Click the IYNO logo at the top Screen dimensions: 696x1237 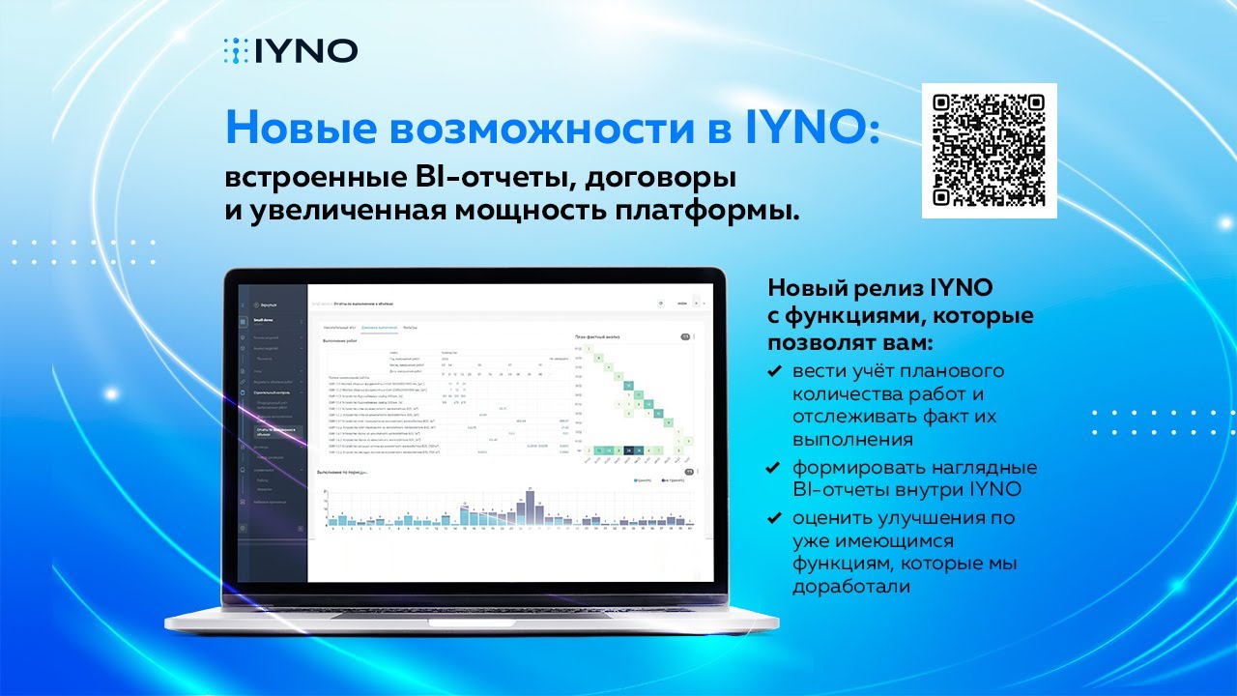(290, 50)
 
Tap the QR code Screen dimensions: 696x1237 (989, 151)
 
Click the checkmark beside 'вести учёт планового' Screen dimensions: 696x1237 (774, 371)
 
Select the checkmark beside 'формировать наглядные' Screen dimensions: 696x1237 (774, 468)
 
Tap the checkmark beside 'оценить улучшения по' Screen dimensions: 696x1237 (774, 517)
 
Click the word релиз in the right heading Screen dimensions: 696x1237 (889, 289)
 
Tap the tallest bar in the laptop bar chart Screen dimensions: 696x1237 (529, 507)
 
